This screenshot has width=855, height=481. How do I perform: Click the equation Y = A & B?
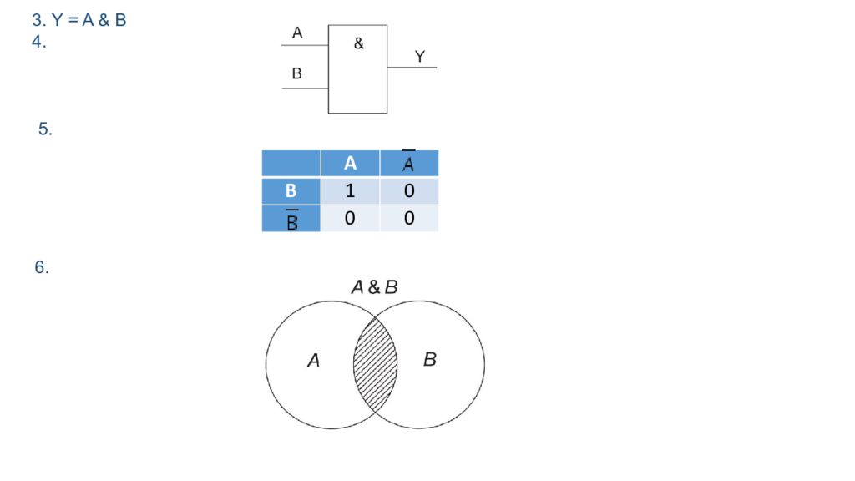89,20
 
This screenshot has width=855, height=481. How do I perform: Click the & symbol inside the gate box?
358,43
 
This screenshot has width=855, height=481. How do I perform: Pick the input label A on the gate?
297,33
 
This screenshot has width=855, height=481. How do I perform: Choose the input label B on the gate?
296,73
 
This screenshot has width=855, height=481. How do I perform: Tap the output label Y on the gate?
419,56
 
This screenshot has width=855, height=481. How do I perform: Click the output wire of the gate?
412,68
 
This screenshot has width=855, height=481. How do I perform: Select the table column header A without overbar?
350,163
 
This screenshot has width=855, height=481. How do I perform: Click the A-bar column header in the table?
409,163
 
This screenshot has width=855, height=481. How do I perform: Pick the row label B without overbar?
291,190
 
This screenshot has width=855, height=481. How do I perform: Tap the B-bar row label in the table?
291,219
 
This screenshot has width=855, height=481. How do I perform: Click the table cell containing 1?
350,190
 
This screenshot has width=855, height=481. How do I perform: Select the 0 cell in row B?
409,190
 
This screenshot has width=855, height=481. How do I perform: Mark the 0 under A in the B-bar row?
350,218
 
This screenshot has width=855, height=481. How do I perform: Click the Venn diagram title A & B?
375,287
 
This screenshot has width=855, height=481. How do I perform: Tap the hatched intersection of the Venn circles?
375,365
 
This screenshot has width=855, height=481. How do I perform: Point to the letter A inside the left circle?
314,360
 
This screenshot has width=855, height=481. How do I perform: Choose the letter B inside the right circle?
430,359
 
